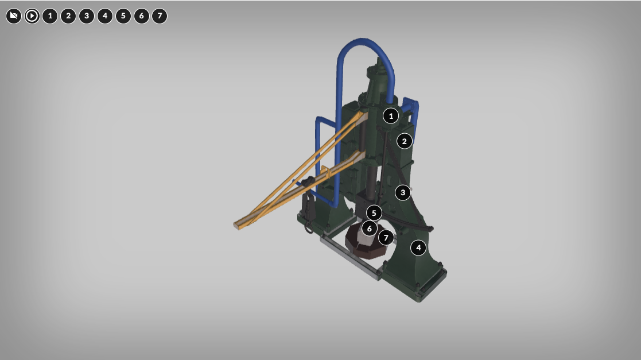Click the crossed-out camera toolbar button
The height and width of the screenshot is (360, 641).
pos(14,16)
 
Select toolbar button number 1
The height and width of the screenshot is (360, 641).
pos(50,16)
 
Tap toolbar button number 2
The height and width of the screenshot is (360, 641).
pos(68,16)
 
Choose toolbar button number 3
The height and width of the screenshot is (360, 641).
pos(87,16)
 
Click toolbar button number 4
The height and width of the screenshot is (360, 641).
pos(105,16)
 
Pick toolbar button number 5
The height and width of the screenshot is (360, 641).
pos(123,16)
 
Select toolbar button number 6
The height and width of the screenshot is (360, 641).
pos(141,16)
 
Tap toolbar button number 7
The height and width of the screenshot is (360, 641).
pos(160,16)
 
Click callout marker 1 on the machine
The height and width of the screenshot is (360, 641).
pos(391,116)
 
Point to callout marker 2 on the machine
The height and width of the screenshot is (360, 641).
pos(405,141)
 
